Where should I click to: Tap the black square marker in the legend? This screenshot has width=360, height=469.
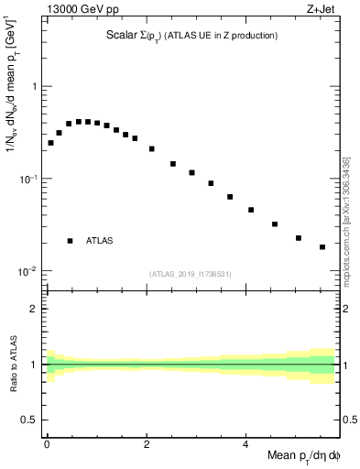pos(70,241)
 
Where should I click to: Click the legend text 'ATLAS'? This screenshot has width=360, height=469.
pos(99,241)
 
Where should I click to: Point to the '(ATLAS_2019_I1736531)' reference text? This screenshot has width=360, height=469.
pos(191,274)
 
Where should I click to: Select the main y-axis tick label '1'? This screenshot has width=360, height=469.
pos(34,86)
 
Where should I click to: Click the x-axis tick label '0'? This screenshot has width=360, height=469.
pos(47,444)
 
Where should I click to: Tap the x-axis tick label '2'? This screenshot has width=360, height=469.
pos(147,444)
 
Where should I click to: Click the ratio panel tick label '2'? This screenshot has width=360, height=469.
pos(34,309)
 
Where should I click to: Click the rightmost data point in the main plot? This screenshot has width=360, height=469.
pos(322,246)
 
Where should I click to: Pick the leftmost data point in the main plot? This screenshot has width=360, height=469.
pos(50,143)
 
